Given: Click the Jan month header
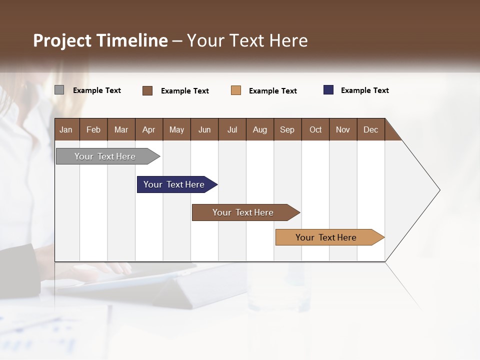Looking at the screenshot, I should [66, 129].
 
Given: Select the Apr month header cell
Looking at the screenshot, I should [149, 129].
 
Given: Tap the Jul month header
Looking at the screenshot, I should [232, 129].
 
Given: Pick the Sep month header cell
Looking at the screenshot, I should [287, 129].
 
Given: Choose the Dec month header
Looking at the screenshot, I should [370, 129].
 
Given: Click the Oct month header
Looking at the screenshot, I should [315, 129].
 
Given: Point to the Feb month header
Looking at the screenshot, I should [93, 129].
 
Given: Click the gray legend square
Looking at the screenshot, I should [59, 90].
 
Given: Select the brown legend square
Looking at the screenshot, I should [147, 90].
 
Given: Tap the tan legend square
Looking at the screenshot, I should [236, 90].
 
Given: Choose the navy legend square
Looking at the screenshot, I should [328, 90].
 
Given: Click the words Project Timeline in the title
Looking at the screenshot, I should [100, 40].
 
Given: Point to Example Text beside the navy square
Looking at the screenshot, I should [364, 90].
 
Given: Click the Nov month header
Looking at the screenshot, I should [343, 129].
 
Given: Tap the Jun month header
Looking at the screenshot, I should [204, 129].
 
